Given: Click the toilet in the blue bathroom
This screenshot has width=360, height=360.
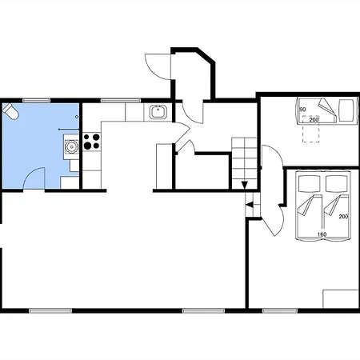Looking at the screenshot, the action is (10, 111).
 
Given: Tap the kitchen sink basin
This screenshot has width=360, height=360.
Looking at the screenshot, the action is (158, 112).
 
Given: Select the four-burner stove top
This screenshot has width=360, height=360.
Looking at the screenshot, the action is (91, 142).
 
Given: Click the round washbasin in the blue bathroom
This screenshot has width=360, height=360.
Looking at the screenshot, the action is (71, 146).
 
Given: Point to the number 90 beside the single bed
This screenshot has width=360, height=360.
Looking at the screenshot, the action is (302, 110).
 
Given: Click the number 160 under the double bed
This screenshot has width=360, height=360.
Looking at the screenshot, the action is (322, 234).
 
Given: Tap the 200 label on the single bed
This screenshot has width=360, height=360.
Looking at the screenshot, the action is (314, 120).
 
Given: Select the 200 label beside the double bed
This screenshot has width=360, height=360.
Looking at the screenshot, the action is (343, 217).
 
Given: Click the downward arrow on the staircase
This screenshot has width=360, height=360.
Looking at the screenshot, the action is (245, 185).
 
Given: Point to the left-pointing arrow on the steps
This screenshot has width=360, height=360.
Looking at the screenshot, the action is (250, 205).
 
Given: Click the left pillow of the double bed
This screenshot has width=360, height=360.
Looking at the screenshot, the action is (310, 184).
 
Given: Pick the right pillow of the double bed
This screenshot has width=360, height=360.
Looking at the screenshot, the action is (337, 184).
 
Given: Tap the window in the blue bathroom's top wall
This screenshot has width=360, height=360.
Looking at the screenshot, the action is (37, 101).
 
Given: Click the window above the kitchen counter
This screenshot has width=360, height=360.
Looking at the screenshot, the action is (121, 101).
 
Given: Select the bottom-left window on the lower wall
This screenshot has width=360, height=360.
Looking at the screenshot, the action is (50, 310).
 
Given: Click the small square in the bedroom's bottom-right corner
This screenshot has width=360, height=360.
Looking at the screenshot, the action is (341, 299).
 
